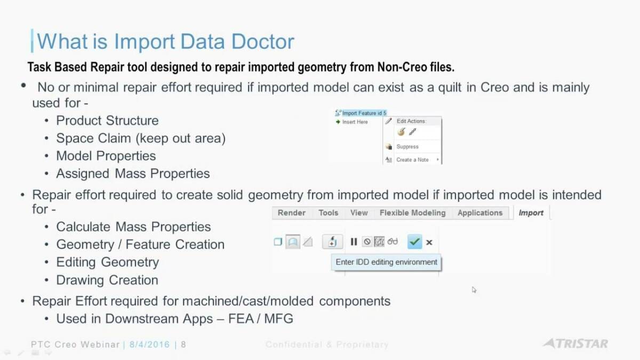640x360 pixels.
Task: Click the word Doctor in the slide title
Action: (262, 42)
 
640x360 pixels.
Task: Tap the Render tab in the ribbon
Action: (291, 213)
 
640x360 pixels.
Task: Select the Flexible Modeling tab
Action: (412, 213)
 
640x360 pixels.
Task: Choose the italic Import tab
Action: (531, 213)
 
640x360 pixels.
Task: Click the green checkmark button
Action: (414, 242)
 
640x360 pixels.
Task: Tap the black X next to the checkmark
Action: (429, 243)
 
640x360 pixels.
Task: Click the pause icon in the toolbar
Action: (354, 242)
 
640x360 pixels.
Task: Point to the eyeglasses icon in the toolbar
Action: (393, 242)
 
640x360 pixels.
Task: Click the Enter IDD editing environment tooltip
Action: (386, 262)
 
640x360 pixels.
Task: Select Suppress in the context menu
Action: (407, 147)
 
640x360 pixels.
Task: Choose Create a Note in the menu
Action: (412, 159)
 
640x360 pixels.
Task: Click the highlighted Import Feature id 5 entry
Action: (364, 113)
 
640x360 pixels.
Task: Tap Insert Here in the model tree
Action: (355, 122)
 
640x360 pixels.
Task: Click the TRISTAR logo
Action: (575, 343)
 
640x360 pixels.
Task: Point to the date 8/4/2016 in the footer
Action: (150, 345)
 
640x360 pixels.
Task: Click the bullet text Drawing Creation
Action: (107, 280)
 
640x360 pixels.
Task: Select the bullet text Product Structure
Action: (107, 121)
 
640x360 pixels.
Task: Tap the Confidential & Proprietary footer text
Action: (327, 345)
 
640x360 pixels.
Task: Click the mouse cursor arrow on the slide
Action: (474, 290)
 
